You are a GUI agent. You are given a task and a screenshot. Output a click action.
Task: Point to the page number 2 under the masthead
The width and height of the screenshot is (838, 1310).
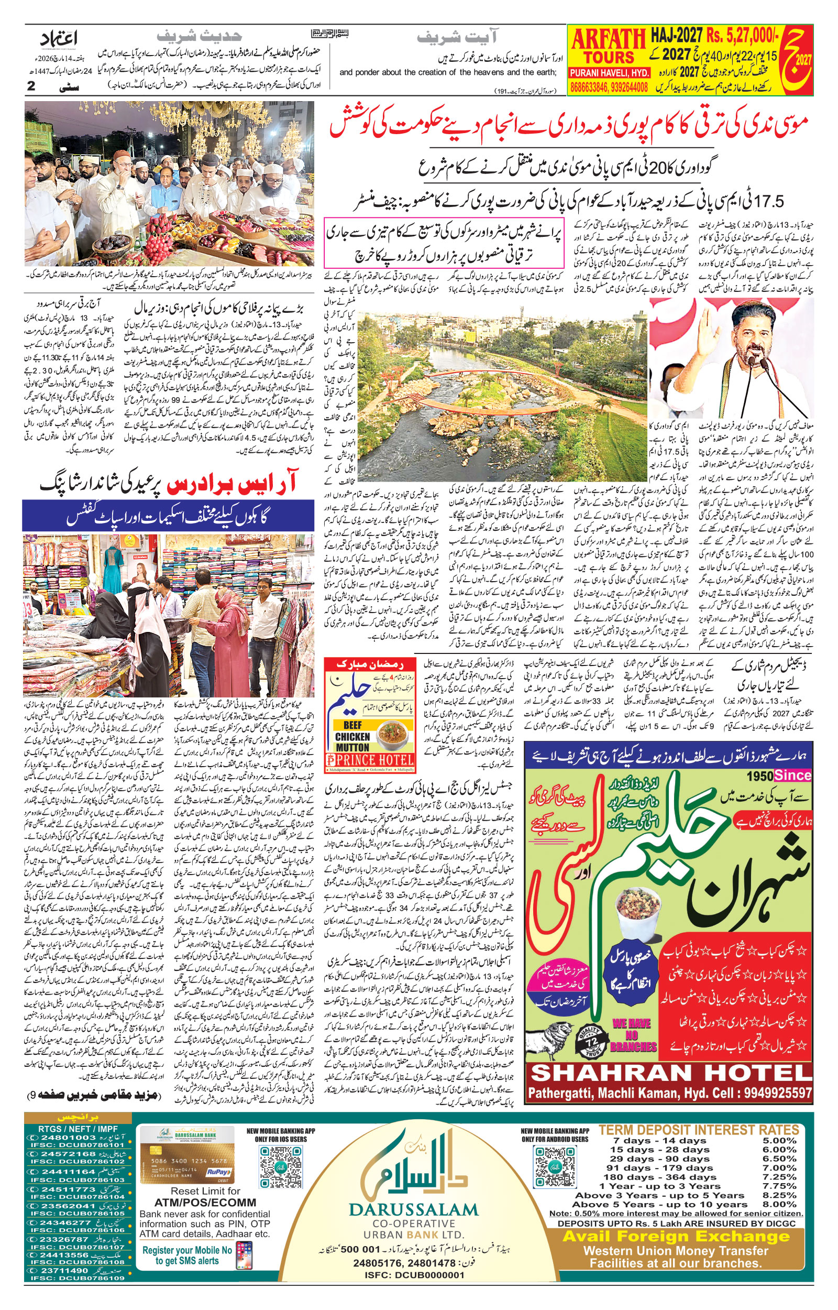click(31, 85)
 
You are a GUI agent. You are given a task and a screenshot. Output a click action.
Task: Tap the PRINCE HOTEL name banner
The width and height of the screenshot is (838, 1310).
click(370, 760)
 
